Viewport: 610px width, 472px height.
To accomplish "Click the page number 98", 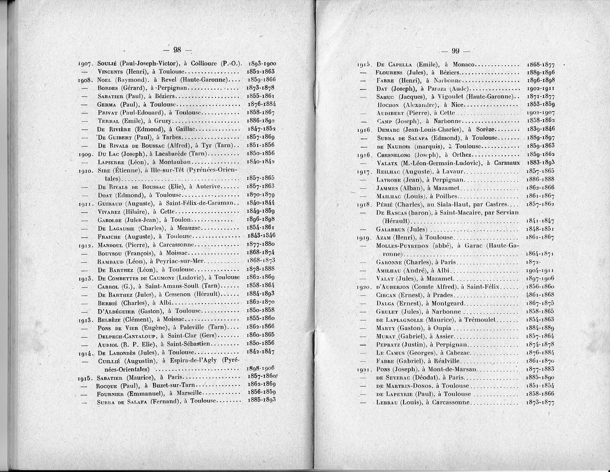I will click(177, 50).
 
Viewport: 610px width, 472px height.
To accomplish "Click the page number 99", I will click(455, 50).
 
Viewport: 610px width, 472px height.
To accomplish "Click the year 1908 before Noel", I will click(84, 80).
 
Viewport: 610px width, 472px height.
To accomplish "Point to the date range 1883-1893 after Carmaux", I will click(540, 163).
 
